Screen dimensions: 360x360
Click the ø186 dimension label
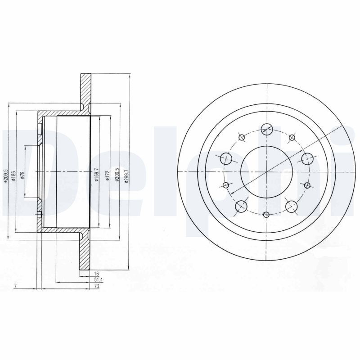click(14, 175)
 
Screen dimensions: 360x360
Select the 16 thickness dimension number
click(95, 273)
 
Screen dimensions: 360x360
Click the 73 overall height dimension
click(96, 286)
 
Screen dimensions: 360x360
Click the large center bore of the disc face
click(266, 171)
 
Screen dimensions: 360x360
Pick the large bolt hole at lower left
click(242, 206)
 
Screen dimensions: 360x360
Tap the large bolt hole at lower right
click(292, 206)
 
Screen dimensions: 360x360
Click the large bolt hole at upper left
click(226, 158)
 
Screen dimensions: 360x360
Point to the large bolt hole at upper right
click(307, 158)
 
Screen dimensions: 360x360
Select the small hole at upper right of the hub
click(292, 137)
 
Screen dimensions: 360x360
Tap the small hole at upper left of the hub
click(242, 137)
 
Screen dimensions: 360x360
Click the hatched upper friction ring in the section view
click(85, 90)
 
